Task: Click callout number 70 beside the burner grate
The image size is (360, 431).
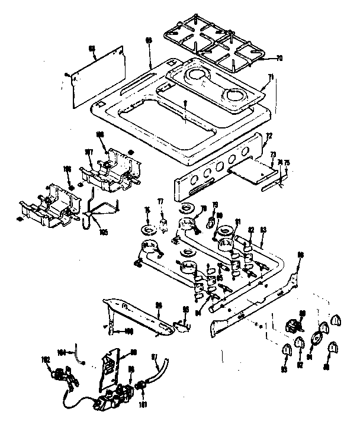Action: pos(279,59)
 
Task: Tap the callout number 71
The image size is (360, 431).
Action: pos(270,77)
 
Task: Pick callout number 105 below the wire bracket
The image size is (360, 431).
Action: pos(104,233)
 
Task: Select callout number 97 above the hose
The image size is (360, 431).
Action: pos(155,356)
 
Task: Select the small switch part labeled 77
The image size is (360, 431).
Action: pos(160,224)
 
